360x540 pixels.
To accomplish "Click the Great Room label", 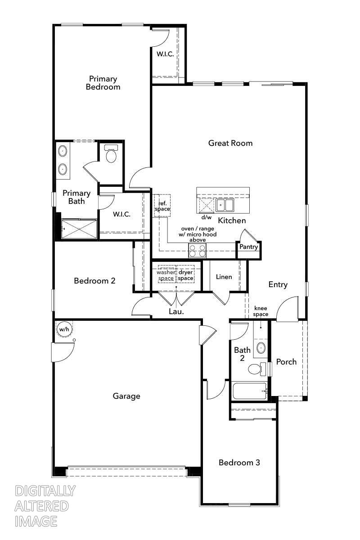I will coord(230,143).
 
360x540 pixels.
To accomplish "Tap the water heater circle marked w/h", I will coord(64,329).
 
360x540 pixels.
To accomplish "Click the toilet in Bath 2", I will coord(256,369).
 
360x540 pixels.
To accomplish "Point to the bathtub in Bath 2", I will coord(250,391).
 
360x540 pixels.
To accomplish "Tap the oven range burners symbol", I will coord(197,250).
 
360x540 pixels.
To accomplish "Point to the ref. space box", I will coord(162,206).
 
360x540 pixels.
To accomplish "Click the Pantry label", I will coord(248,247).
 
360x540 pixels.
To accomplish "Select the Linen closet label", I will coord(224,277).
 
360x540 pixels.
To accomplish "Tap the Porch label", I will coord(286,362).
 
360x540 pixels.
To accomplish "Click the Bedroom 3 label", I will coord(239,463).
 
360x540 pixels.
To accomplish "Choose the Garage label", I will coord(126,396).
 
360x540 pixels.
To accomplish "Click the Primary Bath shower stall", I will coord(79,228).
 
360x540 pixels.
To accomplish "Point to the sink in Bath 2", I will coord(261,347).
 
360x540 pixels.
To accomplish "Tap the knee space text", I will coord(261,311).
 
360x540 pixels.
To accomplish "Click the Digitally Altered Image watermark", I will coord(45,506).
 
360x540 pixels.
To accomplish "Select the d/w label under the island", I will coord(206,217).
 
